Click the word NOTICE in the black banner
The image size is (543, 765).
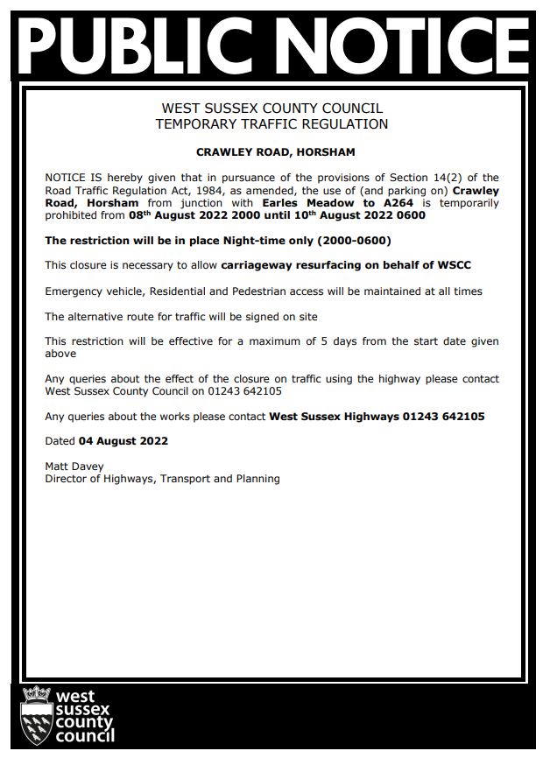(395, 43)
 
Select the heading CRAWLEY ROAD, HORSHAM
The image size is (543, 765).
(275, 152)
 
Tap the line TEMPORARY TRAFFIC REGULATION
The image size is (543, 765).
(271, 124)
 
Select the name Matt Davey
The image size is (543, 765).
(74, 467)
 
